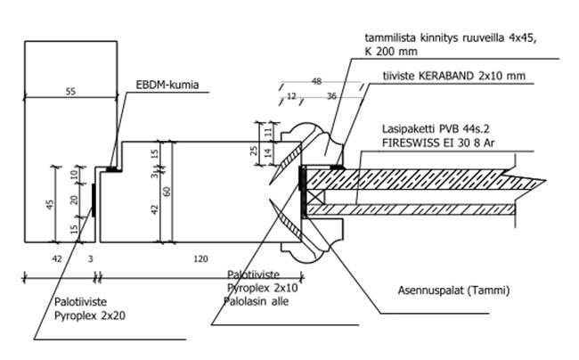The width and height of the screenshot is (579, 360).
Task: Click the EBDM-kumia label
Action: pyautogui.click(x=167, y=87)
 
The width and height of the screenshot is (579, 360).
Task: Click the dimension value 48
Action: pyautogui.click(x=316, y=81)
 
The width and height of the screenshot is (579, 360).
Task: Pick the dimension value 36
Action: pyautogui.click(x=332, y=95)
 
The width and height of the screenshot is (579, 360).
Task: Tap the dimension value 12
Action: pyautogui.click(x=290, y=95)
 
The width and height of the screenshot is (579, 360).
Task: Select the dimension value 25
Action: pyautogui.click(x=254, y=151)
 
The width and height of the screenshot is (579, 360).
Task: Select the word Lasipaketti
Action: pyautogui.click(x=407, y=128)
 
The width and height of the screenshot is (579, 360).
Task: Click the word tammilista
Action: pyautogui.click(x=388, y=37)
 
